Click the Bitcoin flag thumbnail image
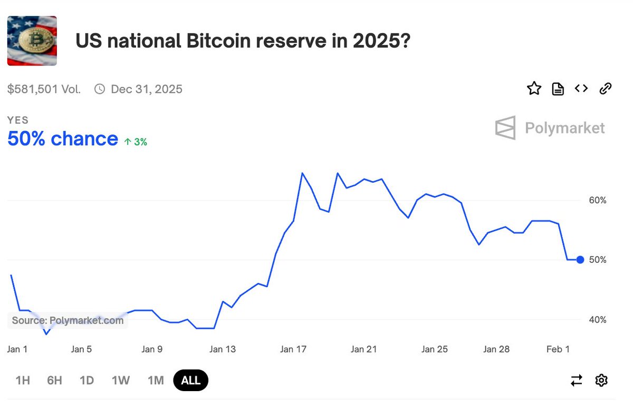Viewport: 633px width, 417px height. (x=32, y=41)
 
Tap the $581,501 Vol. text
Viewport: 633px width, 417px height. (x=44, y=89)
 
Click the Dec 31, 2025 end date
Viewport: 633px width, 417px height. (x=146, y=89)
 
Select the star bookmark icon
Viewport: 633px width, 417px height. (x=534, y=89)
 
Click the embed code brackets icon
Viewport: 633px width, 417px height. (x=581, y=89)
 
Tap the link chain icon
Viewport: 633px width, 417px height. (x=606, y=89)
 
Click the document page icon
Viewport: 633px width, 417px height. (x=558, y=89)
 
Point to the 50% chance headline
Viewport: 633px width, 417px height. (x=63, y=139)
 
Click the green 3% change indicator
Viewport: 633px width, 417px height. (x=136, y=141)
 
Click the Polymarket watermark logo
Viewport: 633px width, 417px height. (x=550, y=128)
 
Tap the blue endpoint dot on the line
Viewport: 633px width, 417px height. (x=580, y=260)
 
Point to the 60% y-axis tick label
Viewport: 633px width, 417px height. (x=597, y=201)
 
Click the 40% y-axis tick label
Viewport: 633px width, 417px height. (x=597, y=320)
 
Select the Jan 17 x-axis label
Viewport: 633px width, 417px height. (x=293, y=349)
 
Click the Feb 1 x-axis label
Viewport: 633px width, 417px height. (x=558, y=349)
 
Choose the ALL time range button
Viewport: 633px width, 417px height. (x=190, y=381)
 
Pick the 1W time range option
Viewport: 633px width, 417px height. (x=121, y=381)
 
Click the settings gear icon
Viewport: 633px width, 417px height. (x=601, y=380)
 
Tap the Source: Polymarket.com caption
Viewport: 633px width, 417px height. (x=68, y=320)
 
